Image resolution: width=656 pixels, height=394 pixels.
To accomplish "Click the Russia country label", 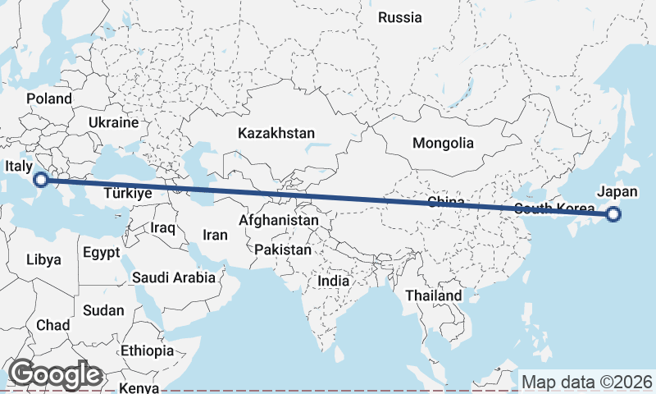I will tap(399, 17).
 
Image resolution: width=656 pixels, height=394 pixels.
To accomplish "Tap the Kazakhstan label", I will tap(276, 133).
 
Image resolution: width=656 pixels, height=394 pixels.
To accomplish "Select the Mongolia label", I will tap(443, 143).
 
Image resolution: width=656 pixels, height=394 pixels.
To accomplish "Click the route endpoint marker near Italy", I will tap(41, 180).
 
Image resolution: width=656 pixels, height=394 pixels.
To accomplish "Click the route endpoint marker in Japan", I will tap(613, 215).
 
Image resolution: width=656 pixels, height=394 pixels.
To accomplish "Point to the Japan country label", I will tap(617, 191).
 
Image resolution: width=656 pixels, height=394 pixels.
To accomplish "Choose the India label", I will tap(333, 281).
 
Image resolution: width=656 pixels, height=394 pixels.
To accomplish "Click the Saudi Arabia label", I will tap(174, 278).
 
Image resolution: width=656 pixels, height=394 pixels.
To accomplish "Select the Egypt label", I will tap(101, 252).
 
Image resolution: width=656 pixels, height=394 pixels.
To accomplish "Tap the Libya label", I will tap(43, 259).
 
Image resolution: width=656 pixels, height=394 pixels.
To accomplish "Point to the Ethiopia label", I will tap(147, 350).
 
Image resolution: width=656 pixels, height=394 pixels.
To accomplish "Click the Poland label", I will tap(49, 98).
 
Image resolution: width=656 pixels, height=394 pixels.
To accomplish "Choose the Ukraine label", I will tap(114, 122).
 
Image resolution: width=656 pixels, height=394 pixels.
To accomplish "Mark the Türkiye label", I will tap(128, 195).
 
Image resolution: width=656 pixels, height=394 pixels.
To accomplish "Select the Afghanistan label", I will tap(279, 221).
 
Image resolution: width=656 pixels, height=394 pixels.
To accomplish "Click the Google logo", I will tap(54, 374).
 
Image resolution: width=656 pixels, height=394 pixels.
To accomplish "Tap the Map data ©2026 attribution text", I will tap(586, 382).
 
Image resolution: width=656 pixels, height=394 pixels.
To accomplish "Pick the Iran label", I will tap(215, 235).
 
